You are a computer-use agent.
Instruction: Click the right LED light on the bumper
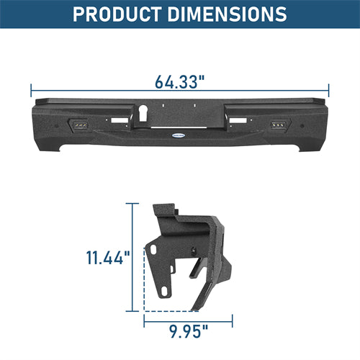click(x=278, y=125)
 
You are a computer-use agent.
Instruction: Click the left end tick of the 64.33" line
click(x=31, y=91)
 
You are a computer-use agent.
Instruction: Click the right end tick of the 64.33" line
click(x=329, y=91)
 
